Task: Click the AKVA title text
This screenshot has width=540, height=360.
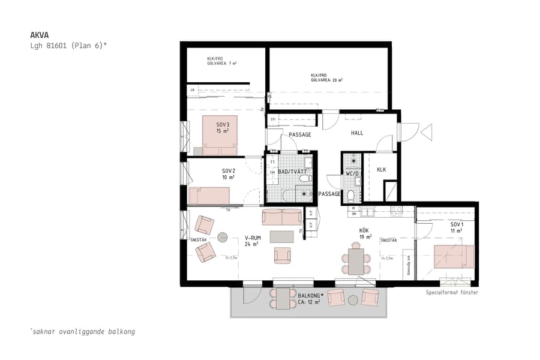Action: click(x=39, y=35)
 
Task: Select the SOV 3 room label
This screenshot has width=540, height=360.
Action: click(x=223, y=128)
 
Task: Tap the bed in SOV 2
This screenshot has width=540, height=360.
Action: click(x=209, y=196)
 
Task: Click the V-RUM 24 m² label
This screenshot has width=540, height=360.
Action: click(x=251, y=241)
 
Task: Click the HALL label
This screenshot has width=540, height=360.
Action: click(x=357, y=134)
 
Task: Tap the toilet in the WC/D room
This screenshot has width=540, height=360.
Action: click(x=352, y=194)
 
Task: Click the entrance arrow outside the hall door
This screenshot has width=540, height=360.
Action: click(x=427, y=131)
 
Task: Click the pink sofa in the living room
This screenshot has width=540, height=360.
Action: click(x=282, y=217)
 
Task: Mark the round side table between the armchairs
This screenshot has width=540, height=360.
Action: click(x=223, y=237)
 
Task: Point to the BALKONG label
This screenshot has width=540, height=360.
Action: click(x=311, y=296)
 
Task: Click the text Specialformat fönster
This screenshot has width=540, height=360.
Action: click(x=452, y=293)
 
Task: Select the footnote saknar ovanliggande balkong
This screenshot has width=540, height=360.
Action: click(x=82, y=331)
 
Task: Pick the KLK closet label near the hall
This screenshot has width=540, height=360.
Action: click(x=381, y=170)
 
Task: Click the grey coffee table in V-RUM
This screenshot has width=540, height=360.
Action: click(x=281, y=237)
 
